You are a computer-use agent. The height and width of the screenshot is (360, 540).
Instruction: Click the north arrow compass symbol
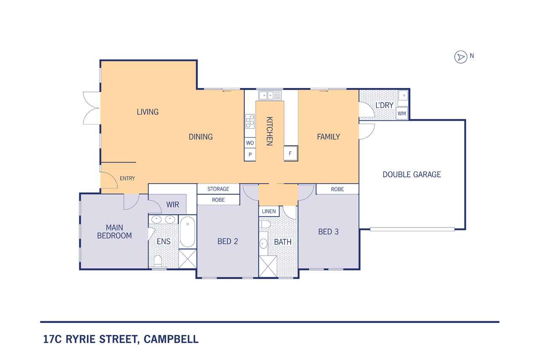click(460, 57)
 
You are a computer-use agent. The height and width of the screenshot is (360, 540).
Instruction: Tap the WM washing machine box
click(402, 113)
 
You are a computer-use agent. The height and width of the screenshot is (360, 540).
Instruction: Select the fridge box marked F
click(290, 153)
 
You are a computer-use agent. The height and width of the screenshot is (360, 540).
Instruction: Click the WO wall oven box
click(250, 143)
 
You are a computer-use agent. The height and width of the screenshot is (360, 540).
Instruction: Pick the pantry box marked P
click(250, 155)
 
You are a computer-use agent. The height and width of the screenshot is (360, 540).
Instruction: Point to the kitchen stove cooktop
click(250, 122)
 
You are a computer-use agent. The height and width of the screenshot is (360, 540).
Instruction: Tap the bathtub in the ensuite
click(187, 232)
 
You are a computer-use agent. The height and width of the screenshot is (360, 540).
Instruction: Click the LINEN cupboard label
click(269, 211)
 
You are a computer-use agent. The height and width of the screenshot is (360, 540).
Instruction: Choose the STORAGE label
click(218, 189)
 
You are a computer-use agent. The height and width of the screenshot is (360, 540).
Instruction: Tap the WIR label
click(173, 205)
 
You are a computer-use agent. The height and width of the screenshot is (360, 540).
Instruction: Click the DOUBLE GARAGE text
click(411, 174)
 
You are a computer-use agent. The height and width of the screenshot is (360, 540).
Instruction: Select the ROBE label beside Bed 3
click(337, 189)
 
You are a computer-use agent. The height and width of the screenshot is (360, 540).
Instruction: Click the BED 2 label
click(228, 241)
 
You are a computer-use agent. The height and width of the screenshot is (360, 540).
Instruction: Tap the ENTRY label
click(127, 179)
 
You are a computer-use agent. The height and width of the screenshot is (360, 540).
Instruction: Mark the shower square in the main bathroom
click(267, 266)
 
